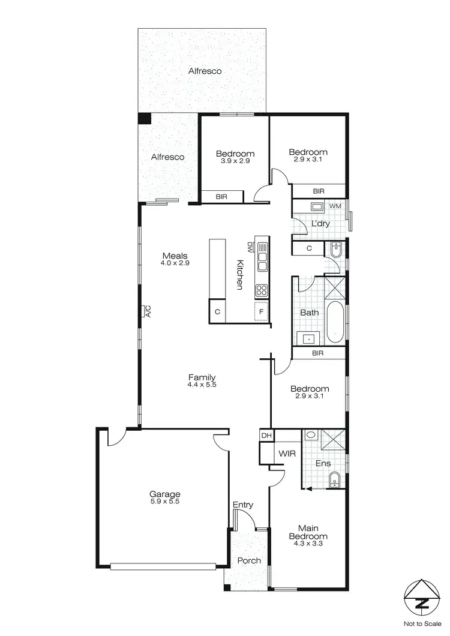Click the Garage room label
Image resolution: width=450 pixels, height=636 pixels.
(165, 494)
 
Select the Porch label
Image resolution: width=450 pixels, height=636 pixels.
(249, 561)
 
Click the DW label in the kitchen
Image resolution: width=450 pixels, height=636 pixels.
(250, 246)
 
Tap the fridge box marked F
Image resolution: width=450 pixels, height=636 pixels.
(261, 312)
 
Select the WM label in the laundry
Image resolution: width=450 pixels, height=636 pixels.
(334, 206)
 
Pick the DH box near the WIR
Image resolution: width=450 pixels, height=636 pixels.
(265, 435)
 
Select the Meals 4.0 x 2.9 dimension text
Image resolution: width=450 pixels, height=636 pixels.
(175, 263)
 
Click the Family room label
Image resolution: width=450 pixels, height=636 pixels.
(201, 377)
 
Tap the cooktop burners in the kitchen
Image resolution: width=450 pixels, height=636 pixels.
(262, 291)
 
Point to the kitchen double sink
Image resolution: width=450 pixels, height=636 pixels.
(262, 256)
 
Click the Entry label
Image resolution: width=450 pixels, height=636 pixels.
(243, 505)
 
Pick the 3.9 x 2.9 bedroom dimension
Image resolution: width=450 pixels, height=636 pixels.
(235, 161)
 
